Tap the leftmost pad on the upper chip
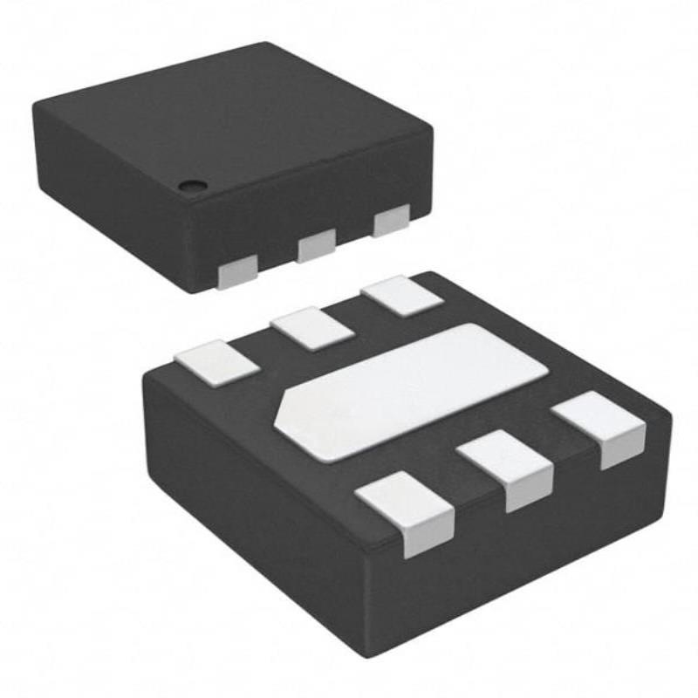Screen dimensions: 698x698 236,274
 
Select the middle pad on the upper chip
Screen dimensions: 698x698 316,247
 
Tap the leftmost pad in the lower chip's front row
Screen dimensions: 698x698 406,510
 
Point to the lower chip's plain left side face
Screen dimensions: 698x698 253,506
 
